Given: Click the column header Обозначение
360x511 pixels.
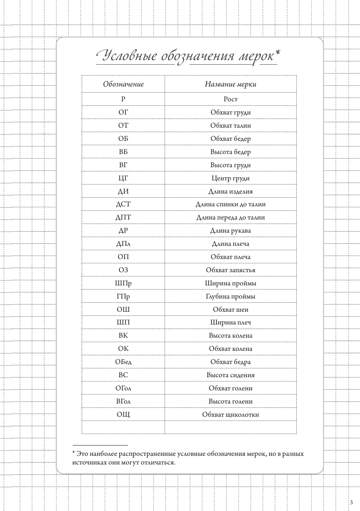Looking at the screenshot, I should pyautogui.click(x=123, y=84).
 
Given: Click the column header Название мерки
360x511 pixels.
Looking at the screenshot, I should pyautogui.click(x=230, y=84).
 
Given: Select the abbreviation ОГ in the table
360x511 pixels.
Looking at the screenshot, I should pyautogui.click(x=123, y=112).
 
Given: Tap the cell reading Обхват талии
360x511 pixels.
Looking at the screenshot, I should pyautogui.click(x=230, y=126).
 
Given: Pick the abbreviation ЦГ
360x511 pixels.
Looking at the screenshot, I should pyautogui.click(x=123, y=178).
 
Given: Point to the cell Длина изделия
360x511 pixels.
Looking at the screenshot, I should pyautogui.click(x=230, y=191).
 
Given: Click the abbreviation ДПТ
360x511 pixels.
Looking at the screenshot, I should pyautogui.click(x=123, y=218).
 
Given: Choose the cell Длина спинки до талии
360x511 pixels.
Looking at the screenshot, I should pyautogui.click(x=230, y=205).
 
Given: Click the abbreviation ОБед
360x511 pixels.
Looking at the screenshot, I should pyautogui.click(x=123, y=362).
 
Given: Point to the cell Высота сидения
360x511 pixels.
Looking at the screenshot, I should pyautogui.click(x=230, y=375).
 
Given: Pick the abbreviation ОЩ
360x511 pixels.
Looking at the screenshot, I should pyautogui.click(x=123, y=415).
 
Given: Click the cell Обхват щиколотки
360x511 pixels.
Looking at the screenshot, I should pyautogui.click(x=230, y=415).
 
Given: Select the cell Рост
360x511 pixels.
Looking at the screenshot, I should pyautogui.click(x=230, y=99).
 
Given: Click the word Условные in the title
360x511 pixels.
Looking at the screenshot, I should pyautogui.click(x=129, y=56).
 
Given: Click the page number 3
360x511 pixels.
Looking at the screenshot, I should pyautogui.click(x=351, y=502).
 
